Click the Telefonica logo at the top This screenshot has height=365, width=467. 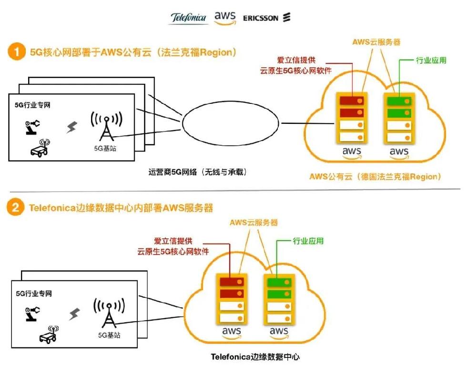(x=188, y=18)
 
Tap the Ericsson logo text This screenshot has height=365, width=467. (x=261, y=18)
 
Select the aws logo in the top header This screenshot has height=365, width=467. (x=225, y=18)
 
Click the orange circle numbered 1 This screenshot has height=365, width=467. (x=16, y=51)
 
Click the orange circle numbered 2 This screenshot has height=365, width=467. (x=15, y=207)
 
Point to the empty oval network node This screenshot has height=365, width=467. (x=230, y=122)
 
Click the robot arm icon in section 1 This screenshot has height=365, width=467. (x=32, y=127)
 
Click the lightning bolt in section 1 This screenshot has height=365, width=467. (x=71, y=127)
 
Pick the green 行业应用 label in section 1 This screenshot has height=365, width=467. (x=431, y=61)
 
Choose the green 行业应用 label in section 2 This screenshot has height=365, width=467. (x=308, y=241)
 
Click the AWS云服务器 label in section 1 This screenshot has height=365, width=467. (x=376, y=42)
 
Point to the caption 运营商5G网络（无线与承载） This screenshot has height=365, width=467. (x=198, y=172)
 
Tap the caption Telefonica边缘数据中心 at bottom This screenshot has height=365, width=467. (x=255, y=357)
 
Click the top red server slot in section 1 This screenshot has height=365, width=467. (x=352, y=101)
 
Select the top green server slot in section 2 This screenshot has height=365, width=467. (x=279, y=282)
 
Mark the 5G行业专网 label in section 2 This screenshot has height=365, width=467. (x=34, y=294)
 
